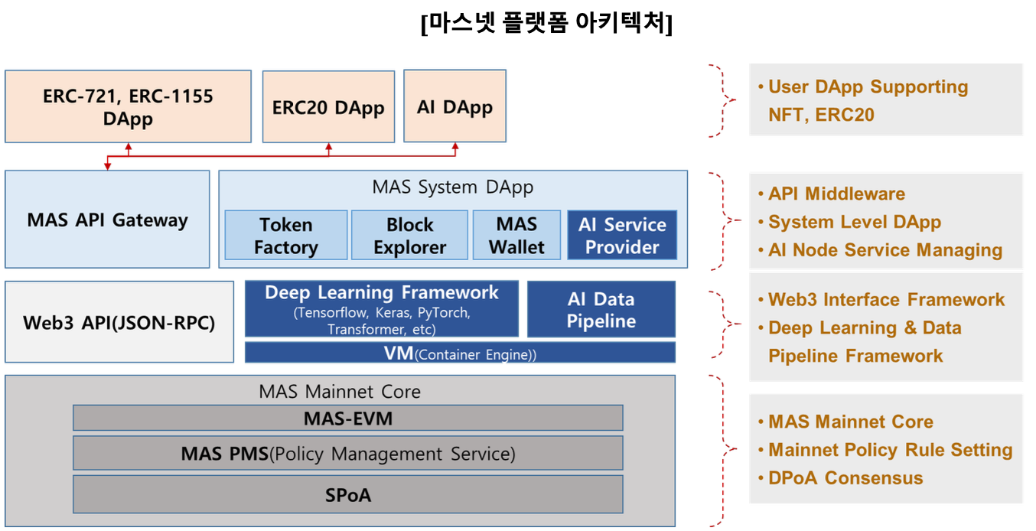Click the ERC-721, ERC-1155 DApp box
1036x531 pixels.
click(128, 107)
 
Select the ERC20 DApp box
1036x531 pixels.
click(328, 107)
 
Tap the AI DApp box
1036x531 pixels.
click(454, 106)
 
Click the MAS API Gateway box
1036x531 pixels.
click(107, 220)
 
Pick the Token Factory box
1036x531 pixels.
click(285, 236)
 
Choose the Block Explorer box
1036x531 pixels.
click(409, 236)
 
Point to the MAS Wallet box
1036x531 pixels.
click(516, 236)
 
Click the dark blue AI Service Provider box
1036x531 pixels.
click(622, 236)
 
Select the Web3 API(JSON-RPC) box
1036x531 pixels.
click(119, 322)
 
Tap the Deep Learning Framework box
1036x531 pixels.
click(381, 309)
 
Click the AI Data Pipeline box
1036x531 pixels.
click(601, 309)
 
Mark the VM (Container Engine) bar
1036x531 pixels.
click(460, 353)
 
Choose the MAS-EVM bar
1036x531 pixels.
click(348, 418)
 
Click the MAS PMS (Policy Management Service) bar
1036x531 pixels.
click(348, 453)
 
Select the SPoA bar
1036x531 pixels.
click(348, 494)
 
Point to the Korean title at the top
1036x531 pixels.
click(546, 24)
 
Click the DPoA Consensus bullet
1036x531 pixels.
click(845, 478)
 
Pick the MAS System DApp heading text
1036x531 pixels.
click(453, 187)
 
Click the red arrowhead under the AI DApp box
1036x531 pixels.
click(456, 146)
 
